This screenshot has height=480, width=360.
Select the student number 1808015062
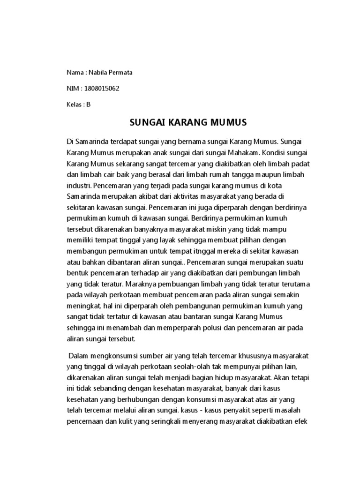(x=99, y=89)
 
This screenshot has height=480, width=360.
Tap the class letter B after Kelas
(x=88, y=105)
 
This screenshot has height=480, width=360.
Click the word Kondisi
(x=276, y=152)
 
